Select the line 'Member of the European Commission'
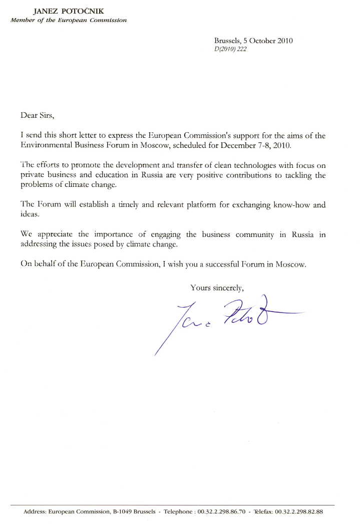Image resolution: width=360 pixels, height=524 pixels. pyautogui.click(x=68, y=21)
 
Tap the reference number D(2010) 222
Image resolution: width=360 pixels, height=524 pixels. pyautogui.click(x=230, y=49)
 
